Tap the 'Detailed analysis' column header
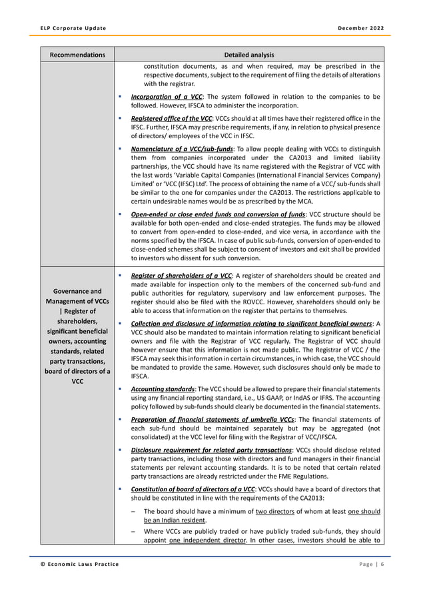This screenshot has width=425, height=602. [x=248, y=54]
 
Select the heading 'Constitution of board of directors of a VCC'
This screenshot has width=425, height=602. [x=193, y=489]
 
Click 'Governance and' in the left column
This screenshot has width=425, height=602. [x=77, y=291]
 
